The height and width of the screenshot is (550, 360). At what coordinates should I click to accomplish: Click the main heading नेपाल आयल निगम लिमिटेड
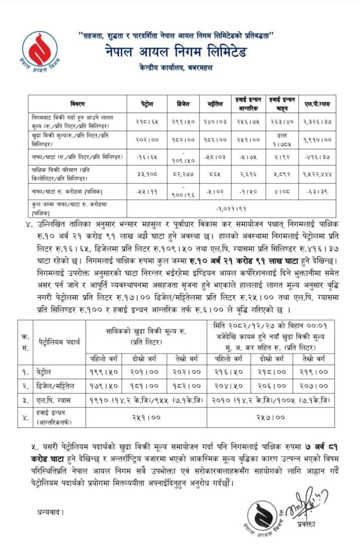coord(176,52)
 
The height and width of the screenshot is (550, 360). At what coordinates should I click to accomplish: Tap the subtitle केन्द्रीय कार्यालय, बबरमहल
coord(176,68)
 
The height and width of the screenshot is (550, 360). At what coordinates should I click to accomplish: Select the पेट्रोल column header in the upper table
coord(147,104)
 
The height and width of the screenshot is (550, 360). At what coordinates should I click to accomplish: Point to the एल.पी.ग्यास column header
coord(317,104)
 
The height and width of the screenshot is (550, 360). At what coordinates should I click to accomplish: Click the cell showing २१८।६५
coord(147,122)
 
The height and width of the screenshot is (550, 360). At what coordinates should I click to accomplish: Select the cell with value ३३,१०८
coord(147,174)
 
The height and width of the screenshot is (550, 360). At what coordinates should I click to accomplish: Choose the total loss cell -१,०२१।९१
coord(231,209)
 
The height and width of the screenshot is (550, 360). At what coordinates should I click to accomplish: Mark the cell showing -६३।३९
coord(317,192)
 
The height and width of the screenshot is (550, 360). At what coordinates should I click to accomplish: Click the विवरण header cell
coord(77,104)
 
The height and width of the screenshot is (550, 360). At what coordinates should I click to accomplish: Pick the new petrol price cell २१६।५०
coord(229,372)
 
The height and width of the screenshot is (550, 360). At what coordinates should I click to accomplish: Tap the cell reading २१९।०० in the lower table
coord(313,372)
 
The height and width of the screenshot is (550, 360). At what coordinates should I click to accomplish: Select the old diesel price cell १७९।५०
coord(103,386)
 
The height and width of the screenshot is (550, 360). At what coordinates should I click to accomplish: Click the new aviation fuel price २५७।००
coord(270,417)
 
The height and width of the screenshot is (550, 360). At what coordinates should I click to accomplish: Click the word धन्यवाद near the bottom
coord(50,513)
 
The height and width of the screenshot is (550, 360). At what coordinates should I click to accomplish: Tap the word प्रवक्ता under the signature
coord(306,524)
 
